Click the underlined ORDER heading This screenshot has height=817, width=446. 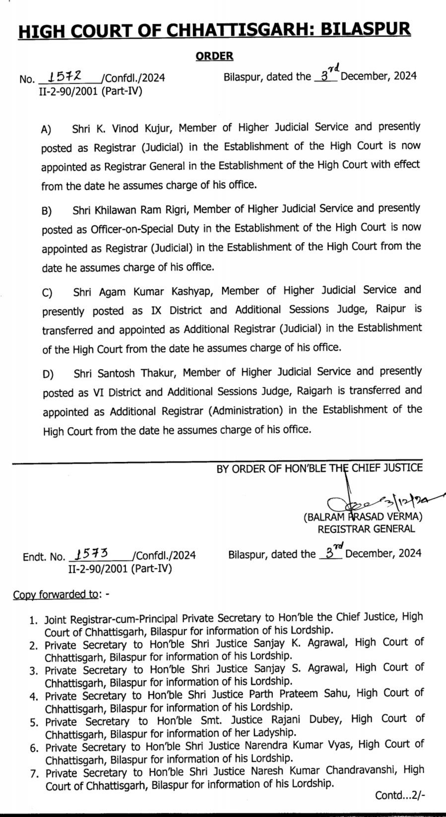[x=214, y=56]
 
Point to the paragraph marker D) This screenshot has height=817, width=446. [x=48, y=374]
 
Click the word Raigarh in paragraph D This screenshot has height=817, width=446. [x=316, y=391]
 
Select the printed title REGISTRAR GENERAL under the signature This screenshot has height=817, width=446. [x=366, y=529]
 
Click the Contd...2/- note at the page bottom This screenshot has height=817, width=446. [x=400, y=796]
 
